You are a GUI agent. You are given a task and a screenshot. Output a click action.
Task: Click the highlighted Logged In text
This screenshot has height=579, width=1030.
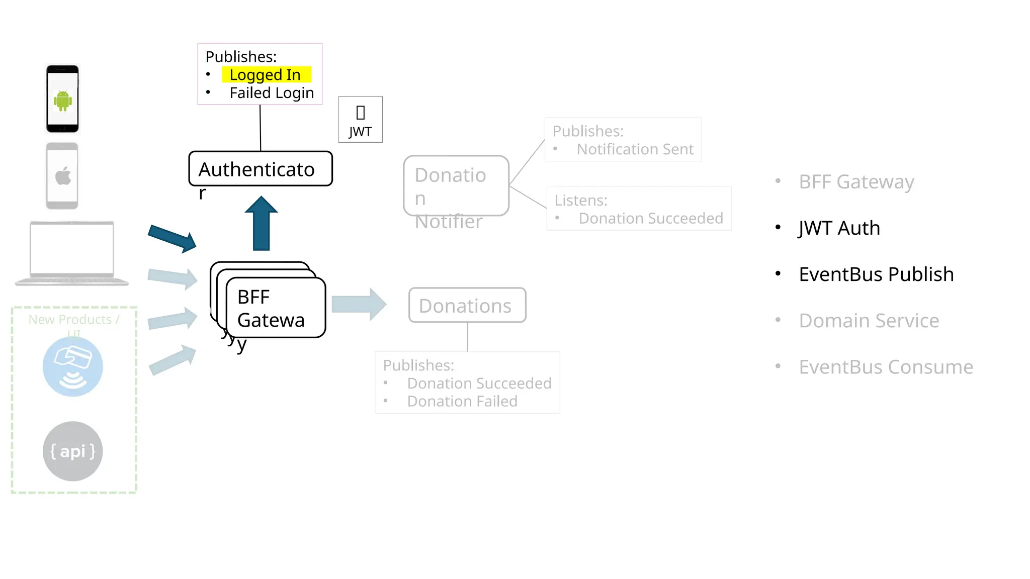point(265,75)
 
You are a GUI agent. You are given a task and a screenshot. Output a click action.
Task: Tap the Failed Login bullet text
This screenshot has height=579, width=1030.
point(272,93)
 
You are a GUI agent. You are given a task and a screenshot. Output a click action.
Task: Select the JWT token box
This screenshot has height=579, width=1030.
point(360,120)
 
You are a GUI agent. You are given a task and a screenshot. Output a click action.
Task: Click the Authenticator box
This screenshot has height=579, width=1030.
point(260,169)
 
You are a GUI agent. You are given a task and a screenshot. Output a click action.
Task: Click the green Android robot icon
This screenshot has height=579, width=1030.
point(63,101)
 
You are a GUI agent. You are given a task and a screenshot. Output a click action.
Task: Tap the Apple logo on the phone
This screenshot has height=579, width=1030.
point(63,176)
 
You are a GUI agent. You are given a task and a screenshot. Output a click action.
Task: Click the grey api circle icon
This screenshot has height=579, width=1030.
point(72,451)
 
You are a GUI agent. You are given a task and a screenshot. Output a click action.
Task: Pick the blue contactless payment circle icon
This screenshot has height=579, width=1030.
point(72,366)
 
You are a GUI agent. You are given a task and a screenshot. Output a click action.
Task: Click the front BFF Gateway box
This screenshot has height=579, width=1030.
point(276,308)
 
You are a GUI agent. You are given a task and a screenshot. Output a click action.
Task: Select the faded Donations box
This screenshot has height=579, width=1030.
point(467,305)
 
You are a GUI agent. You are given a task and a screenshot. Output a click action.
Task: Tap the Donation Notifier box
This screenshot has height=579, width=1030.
point(456,186)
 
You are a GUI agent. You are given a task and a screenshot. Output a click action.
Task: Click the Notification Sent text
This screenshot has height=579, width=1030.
point(635,149)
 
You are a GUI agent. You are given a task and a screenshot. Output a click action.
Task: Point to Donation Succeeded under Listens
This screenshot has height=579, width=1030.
point(650,219)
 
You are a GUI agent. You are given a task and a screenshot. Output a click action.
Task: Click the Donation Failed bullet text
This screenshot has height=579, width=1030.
point(462,402)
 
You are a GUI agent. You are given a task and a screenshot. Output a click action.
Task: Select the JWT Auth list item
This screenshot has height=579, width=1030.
point(839,228)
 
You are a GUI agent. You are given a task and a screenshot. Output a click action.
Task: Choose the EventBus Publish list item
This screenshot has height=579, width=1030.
point(876,274)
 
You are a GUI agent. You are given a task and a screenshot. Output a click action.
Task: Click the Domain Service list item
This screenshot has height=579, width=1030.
point(869,321)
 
